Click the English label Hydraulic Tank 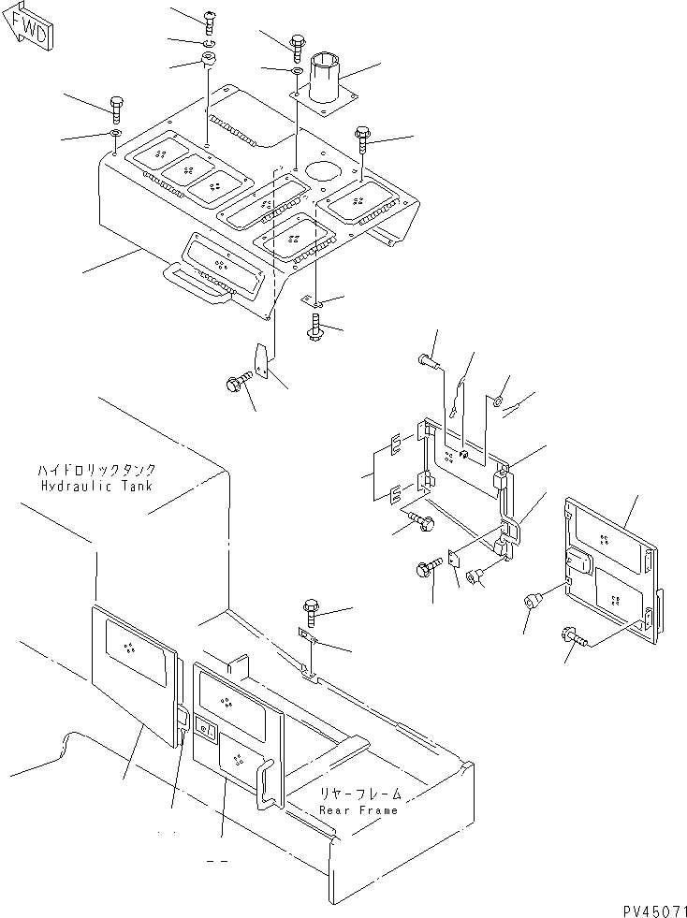[96, 486]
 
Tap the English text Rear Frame [358, 810]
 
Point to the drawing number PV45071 [654, 911]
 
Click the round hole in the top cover [323, 172]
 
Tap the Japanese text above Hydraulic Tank [96, 470]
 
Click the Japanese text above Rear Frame [360, 794]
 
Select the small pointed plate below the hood [261, 359]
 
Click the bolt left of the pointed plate [239, 383]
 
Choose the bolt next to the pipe [297, 47]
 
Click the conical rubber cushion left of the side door [533, 600]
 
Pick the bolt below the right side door [572, 635]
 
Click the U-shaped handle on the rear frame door [267, 784]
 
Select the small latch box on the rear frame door [206, 728]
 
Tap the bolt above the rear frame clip [311, 612]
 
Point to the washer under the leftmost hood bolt [115, 133]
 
